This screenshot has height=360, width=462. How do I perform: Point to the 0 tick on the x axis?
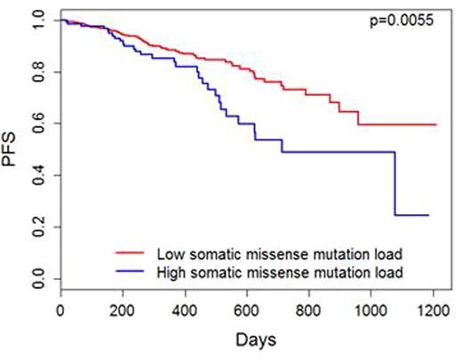60,309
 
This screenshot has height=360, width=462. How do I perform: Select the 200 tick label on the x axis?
122,309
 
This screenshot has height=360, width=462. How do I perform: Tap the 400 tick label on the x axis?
185,309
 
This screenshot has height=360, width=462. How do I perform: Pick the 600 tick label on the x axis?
247,309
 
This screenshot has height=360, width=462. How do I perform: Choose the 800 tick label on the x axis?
309,309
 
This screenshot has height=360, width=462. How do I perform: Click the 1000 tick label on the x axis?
371,309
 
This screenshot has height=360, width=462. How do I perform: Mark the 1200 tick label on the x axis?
434,309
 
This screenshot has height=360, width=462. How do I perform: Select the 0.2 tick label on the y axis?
36,228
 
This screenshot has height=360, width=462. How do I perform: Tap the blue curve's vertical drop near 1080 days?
395,183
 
